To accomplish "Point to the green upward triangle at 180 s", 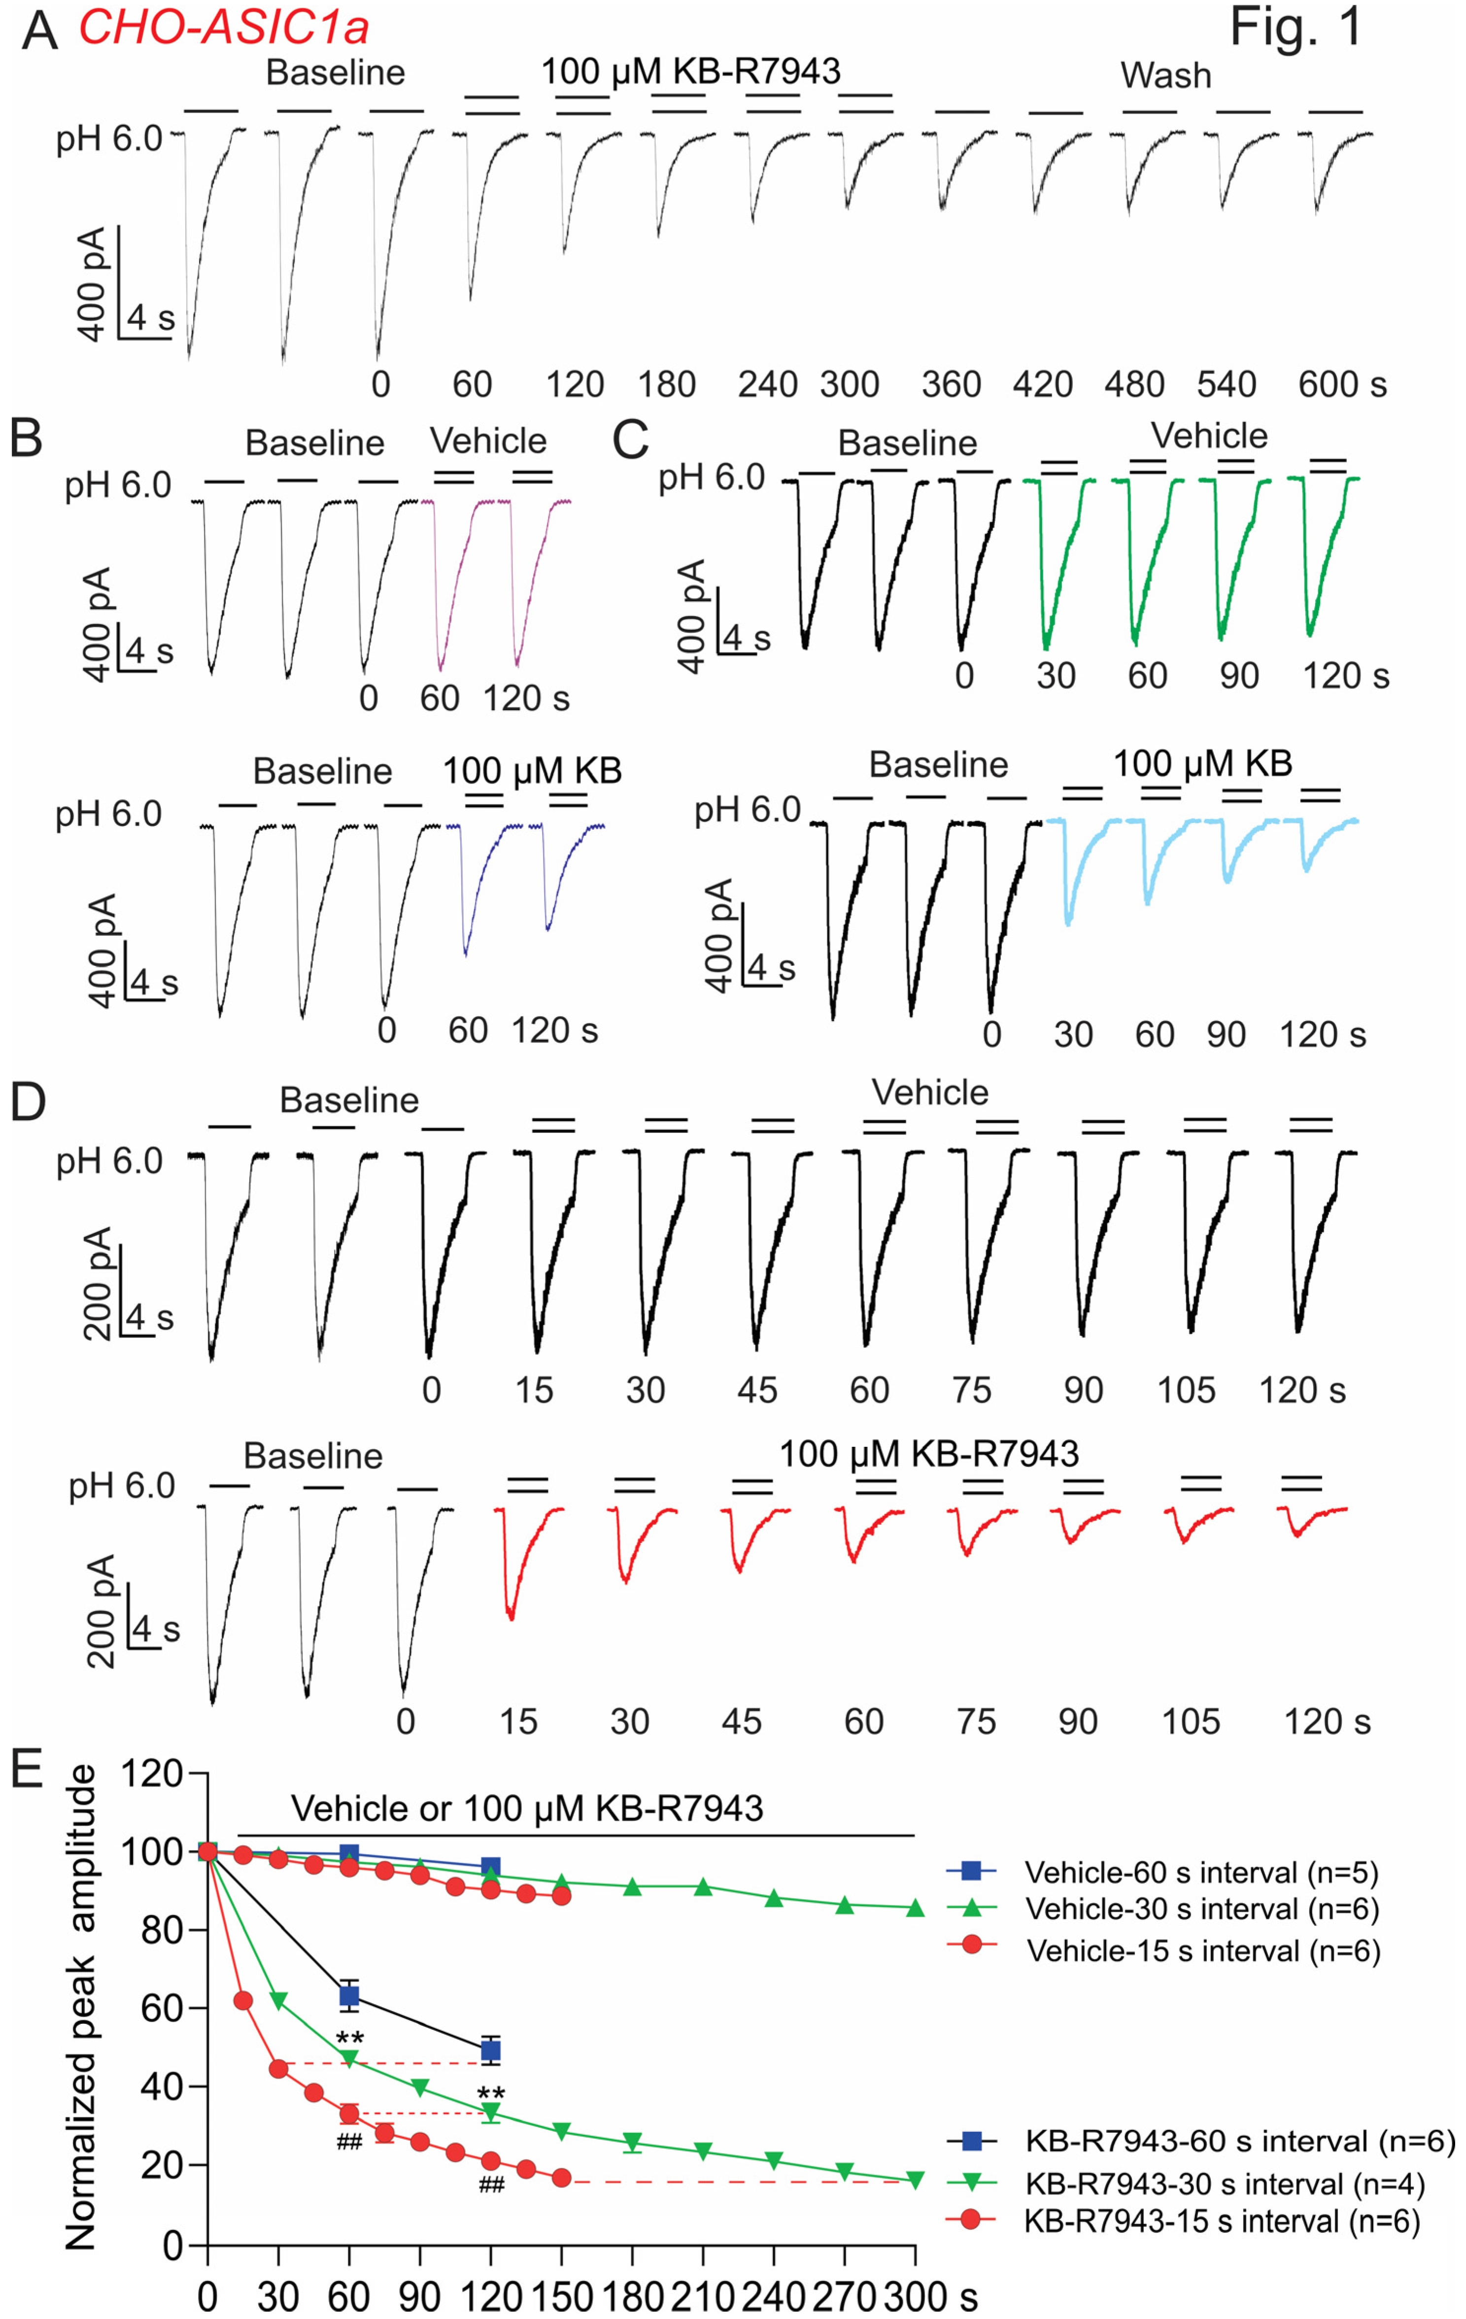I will tap(632, 1887).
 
